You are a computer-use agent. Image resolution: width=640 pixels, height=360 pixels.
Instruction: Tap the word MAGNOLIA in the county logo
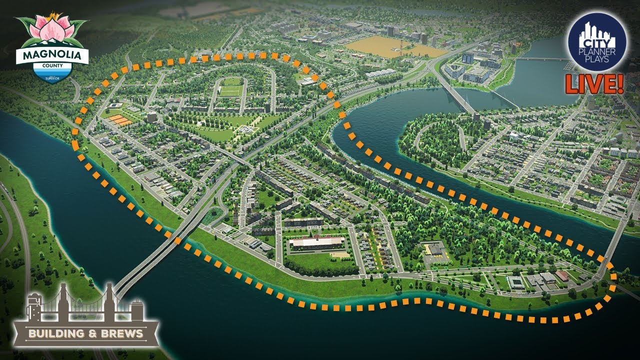(52, 53)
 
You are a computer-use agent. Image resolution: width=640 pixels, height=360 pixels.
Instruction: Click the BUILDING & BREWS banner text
(85, 333)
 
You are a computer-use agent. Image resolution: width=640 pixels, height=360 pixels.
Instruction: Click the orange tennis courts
(120, 120)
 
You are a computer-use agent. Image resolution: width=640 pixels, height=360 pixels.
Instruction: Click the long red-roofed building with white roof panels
(316, 242)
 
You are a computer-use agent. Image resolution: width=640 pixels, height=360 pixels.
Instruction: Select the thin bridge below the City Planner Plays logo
(542, 59)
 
